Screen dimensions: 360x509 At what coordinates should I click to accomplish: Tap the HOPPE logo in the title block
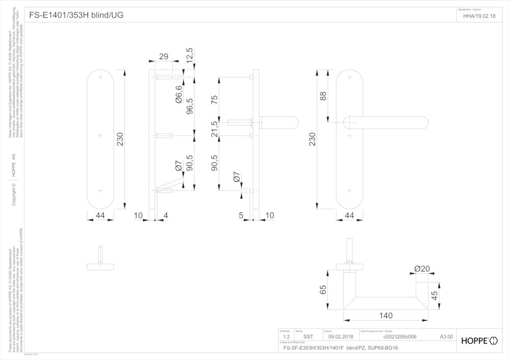(x=478, y=340)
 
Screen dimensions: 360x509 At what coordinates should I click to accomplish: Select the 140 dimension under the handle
(x=386, y=316)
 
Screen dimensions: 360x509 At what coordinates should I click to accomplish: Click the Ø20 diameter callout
(x=422, y=269)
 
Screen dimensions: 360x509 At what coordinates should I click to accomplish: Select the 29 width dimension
(x=163, y=57)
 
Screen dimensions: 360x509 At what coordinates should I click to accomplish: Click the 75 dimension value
(x=214, y=99)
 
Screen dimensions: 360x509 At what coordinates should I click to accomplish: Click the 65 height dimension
(x=323, y=290)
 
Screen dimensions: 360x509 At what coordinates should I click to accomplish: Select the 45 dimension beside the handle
(x=435, y=297)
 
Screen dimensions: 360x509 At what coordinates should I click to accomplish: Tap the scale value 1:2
(x=286, y=337)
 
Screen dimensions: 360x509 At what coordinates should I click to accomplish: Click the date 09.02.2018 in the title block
(x=341, y=337)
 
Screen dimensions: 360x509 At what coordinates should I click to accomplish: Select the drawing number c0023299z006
(x=400, y=337)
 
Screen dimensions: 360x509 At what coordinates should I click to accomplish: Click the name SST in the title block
(x=308, y=337)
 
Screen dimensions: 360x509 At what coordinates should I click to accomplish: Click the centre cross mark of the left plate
(x=100, y=135)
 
